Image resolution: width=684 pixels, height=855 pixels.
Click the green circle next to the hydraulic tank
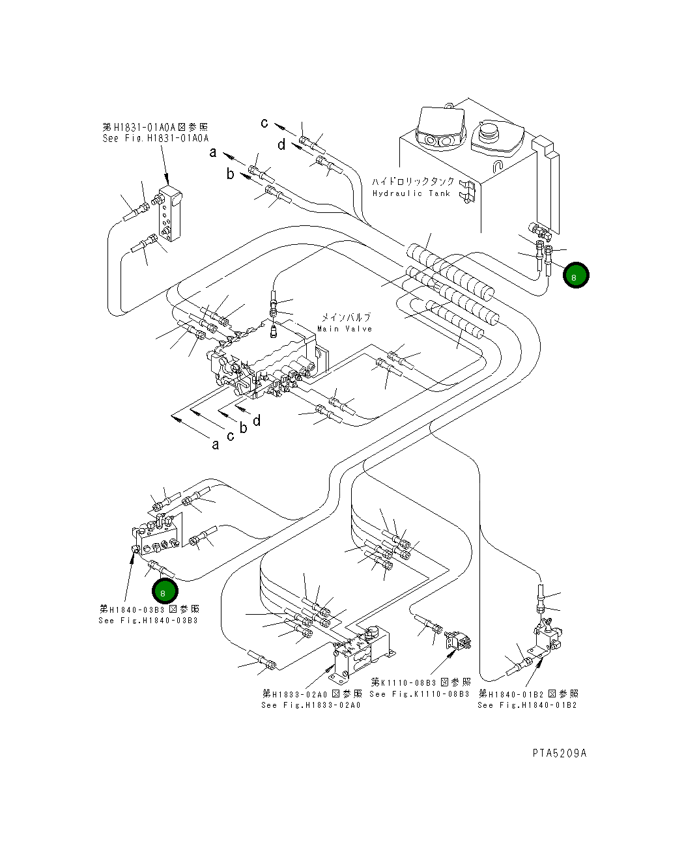[576, 275]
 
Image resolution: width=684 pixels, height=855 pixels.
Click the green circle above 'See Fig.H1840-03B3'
[165, 591]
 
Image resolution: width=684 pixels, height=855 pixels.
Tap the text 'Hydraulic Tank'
[411, 193]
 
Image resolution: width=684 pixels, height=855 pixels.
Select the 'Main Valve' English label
[345, 329]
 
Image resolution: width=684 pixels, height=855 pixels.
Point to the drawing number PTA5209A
[559, 753]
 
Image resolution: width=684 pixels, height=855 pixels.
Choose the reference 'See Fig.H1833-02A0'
[310, 705]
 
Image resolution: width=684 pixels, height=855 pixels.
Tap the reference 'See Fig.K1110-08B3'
[419, 694]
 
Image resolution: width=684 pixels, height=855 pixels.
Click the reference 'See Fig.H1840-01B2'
[527, 705]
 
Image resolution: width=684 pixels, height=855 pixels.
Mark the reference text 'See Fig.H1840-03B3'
[148, 621]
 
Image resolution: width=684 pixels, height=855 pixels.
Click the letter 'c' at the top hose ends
[264, 122]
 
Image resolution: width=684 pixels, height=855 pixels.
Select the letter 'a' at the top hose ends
[212, 153]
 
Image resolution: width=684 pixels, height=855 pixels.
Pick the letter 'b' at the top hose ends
[230, 174]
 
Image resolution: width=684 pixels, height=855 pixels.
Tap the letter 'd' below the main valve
[257, 421]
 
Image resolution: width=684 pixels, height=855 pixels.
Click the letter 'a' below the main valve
[216, 445]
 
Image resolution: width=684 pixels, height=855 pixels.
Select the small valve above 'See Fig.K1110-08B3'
[458, 642]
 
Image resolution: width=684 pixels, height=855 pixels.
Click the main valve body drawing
[264, 361]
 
